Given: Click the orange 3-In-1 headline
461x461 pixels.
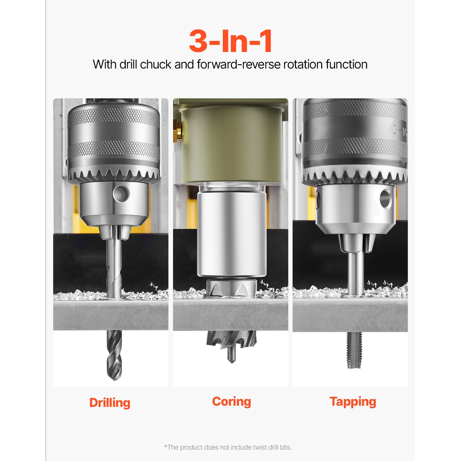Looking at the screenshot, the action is (230, 41).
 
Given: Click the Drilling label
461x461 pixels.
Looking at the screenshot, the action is (110, 403).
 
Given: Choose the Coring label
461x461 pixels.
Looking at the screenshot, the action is (231, 402).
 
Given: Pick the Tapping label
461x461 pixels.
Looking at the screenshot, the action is (353, 402).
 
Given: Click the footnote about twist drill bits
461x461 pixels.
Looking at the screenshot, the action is (228, 447).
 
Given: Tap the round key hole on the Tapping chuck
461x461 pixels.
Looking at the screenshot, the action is (385, 199).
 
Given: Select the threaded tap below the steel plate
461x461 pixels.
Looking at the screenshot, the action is (354, 350).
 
